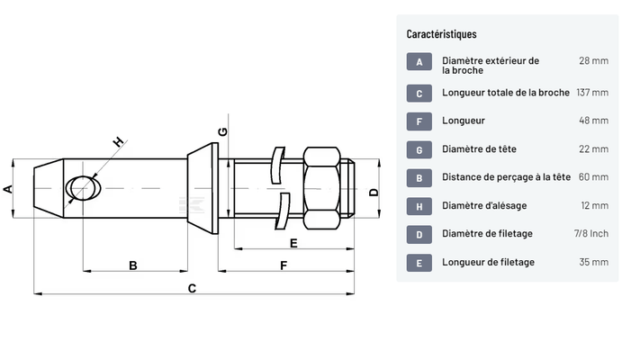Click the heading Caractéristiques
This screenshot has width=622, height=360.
click(441, 34)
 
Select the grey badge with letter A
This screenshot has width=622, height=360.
click(419, 62)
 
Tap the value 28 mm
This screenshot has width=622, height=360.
click(593, 60)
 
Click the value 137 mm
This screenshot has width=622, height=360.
click(591, 93)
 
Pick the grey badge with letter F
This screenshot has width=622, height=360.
click(419, 121)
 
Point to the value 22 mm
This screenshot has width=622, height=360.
click(593, 149)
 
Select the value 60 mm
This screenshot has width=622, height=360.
click(593, 177)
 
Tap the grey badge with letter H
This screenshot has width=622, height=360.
click(419, 206)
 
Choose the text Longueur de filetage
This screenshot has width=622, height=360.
click(489, 262)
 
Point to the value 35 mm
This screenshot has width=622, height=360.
click(593, 262)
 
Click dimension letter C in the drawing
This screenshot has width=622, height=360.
click(191, 289)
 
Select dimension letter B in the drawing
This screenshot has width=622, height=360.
click(132, 265)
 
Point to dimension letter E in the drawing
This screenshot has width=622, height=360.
click(293, 242)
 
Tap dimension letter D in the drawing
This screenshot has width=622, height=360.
click(374, 188)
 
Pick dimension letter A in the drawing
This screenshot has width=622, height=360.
click(8, 188)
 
